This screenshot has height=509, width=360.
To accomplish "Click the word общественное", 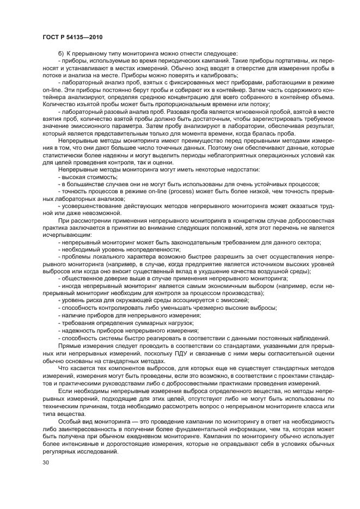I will [81, 277].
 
